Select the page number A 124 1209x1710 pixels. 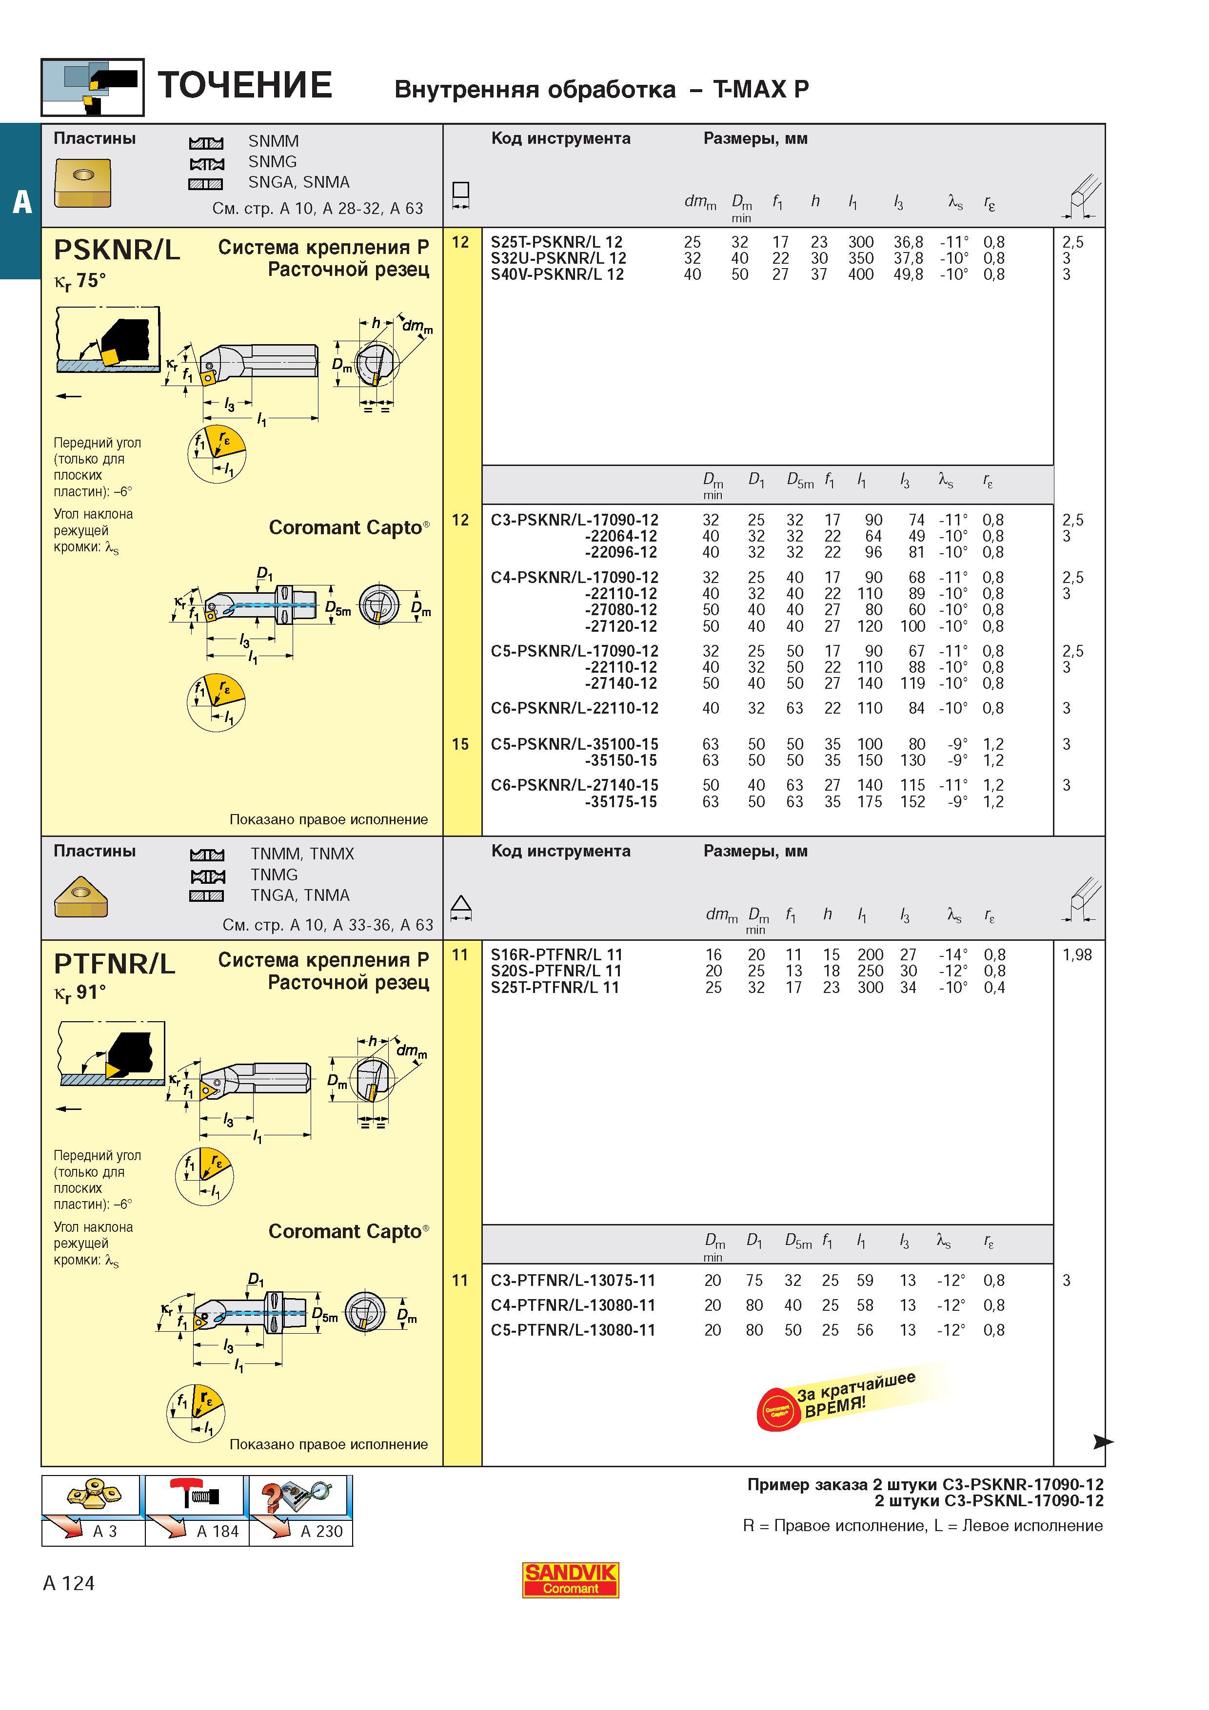(x=69, y=1583)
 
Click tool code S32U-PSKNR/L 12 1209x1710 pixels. (x=558, y=258)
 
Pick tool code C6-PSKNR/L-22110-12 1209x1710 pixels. (x=575, y=708)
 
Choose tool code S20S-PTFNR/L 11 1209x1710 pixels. (x=555, y=971)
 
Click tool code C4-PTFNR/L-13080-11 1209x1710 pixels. (x=573, y=1305)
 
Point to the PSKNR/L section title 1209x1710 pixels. (x=117, y=250)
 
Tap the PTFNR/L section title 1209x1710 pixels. (x=115, y=964)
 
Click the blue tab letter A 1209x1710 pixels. (x=21, y=202)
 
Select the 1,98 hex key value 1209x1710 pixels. (x=1077, y=955)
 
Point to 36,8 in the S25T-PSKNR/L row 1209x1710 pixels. (x=908, y=242)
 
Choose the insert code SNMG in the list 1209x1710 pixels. (x=273, y=162)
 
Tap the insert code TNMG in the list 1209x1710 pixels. (x=274, y=874)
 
